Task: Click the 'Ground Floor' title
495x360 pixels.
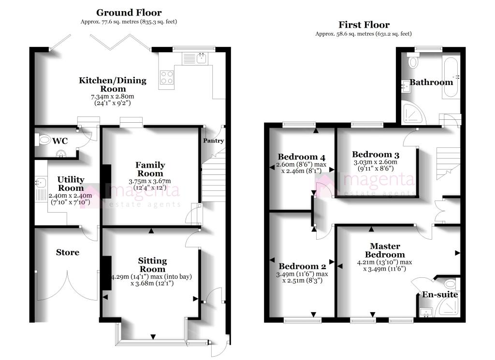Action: pyautogui.click(x=129, y=13)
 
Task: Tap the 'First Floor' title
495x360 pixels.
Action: pyautogui.click(x=364, y=25)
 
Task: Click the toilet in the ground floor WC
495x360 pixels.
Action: pyautogui.click(x=44, y=140)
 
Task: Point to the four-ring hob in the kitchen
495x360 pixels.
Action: pyautogui.click(x=167, y=78)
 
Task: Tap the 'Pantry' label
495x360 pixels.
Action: pyautogui.click(x=213, y=141)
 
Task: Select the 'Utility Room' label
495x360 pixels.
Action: pyautogui.click(x=71, y=184)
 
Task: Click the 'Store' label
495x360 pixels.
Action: pyautogui.click(x=67, y=252)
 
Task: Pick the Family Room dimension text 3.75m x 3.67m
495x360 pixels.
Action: pyautogui.click(x=150, y=181)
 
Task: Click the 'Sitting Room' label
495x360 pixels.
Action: pyautogui.click(x=152, y=265)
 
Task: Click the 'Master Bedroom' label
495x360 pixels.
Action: pyautogui.click(x=384, y=250)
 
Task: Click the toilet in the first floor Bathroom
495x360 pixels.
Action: pyautogui.click(x=413, y=61)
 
